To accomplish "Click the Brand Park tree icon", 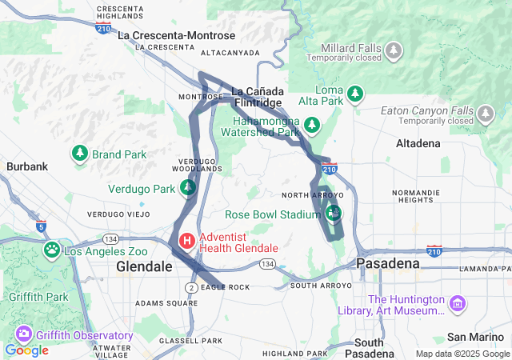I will pyautogui.click(x=80, y=153).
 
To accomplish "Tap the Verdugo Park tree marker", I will pyautogui.click(x=187, y=188).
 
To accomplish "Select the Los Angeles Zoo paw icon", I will pyautogui.click(x=52, y=250).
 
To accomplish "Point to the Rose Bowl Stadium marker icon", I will pyautogui.click(x=334, y=213).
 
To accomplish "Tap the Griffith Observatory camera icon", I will pyautogui.click(x=23, y=334).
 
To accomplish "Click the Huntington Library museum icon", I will pyautogui.click(x=457, y=303).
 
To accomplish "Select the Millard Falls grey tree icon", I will pyautogui.click(x=393, y=51).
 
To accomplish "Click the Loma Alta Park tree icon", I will pyautogui.click(x=356, y=94).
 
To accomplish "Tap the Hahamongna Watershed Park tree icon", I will pyautogui.click(x=311, y=125).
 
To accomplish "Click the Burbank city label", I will pyautogui.click(x=27, y=166).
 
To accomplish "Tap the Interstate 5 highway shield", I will pyautogui.click(x=41, y=226).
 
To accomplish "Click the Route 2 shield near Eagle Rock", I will pyautogui.click(x=190, y=287).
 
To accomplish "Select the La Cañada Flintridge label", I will pyautogui.click(x=257, y=97).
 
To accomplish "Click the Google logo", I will pyautogui.click(x=26, y=350).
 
